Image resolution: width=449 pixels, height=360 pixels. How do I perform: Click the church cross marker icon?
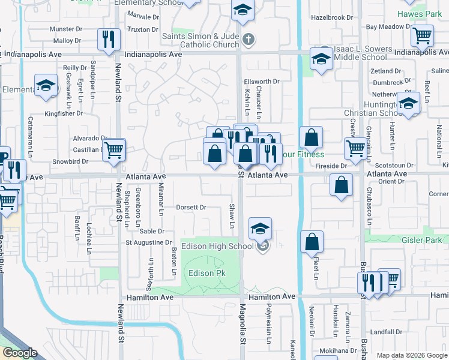point(248,41)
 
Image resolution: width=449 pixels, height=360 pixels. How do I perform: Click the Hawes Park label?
point(420,13)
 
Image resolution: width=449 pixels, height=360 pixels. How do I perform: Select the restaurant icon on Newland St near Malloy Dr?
point(109,40)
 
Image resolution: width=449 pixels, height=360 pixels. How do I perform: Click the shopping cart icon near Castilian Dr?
point(113,150)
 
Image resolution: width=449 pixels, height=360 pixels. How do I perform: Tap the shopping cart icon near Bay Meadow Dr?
point(422,35)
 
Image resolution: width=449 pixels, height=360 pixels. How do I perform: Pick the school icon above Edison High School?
point(260,229)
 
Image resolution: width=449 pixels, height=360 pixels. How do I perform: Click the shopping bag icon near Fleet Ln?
point(312,242)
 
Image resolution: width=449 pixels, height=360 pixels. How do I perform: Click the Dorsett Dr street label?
point(191,208)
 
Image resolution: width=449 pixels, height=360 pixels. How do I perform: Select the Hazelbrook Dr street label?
point(333,17)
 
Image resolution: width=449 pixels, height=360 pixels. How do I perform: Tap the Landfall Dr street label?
point(385,332)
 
